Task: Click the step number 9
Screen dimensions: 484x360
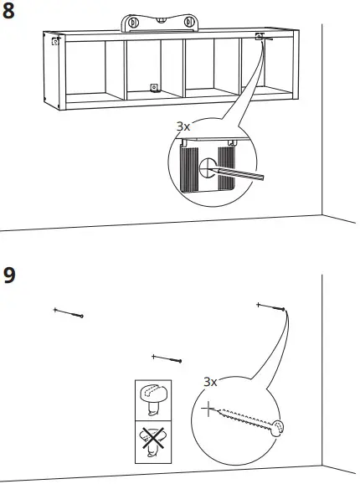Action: pyautogui.click(x=10, y=275)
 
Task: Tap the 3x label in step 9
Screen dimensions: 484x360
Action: pyautogui.click(x=211, y=381)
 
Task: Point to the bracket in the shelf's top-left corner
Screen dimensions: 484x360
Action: pyautogui.click(x=55, y=40)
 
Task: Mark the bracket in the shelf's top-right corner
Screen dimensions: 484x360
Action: pyautogui.click(x=260, y=36)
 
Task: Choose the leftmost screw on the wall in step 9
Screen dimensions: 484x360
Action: pyautogui.click(x=69, y=312)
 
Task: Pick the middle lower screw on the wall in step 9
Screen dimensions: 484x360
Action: pyautogui.click(x=167, y=358)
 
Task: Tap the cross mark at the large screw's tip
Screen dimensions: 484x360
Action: pyautogui.click(x=208, y=410)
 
